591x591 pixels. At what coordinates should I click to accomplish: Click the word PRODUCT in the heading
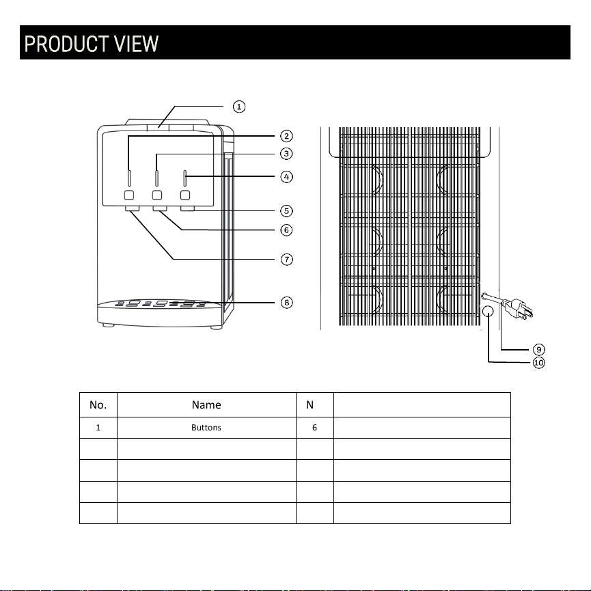pos(67,44)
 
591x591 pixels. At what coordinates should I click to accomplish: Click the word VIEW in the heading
pos(137,44)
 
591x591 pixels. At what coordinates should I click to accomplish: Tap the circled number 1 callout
pos(239,107)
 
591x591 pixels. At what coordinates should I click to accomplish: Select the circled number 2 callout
pos(286,136)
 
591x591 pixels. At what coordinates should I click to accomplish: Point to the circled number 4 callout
pos(286,177)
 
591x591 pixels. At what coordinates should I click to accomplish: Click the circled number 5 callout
pos(286,211)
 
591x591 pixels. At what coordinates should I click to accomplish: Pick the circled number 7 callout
pos(287,260)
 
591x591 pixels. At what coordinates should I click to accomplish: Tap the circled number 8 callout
pos(287,302)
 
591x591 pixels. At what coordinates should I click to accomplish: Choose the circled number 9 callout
pos(539,349)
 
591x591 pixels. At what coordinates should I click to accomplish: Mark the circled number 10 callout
pos(539,363)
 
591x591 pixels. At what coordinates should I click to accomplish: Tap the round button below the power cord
pos(488,312)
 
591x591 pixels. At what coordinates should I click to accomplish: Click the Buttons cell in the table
pos(206,428)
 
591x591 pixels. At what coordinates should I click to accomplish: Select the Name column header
pos(206,404)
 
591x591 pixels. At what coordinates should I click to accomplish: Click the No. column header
pos(98,404)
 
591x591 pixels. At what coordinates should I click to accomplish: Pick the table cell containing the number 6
pos(315,428)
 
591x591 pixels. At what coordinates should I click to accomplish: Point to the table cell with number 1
pos(98,428)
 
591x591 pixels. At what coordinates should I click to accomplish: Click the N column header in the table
pos(310,404)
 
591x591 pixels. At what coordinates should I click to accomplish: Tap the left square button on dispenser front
pos(129,195)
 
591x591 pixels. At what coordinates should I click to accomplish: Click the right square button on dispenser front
pos(185,195)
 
